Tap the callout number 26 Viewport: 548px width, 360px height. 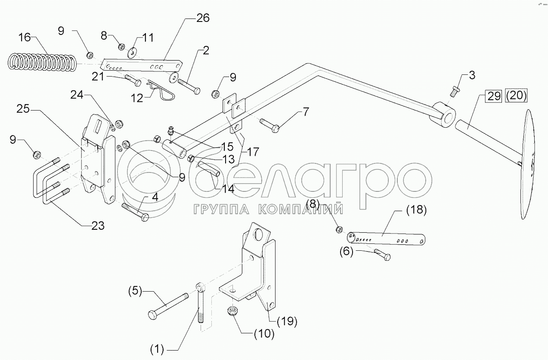tap(202, 18)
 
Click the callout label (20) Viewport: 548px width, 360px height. tap(515, 95)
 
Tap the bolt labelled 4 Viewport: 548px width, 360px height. tap(136, 212)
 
